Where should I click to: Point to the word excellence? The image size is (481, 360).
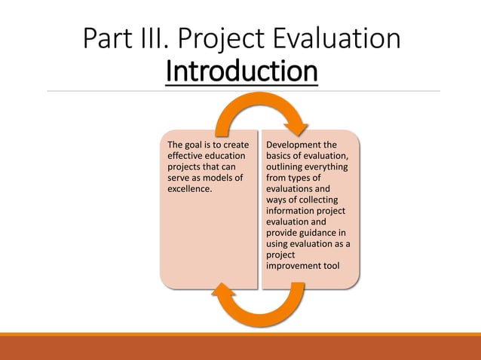coord(188,189)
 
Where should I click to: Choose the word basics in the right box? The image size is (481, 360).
coord(280,156)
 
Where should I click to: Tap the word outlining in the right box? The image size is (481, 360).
coord(286,167)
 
